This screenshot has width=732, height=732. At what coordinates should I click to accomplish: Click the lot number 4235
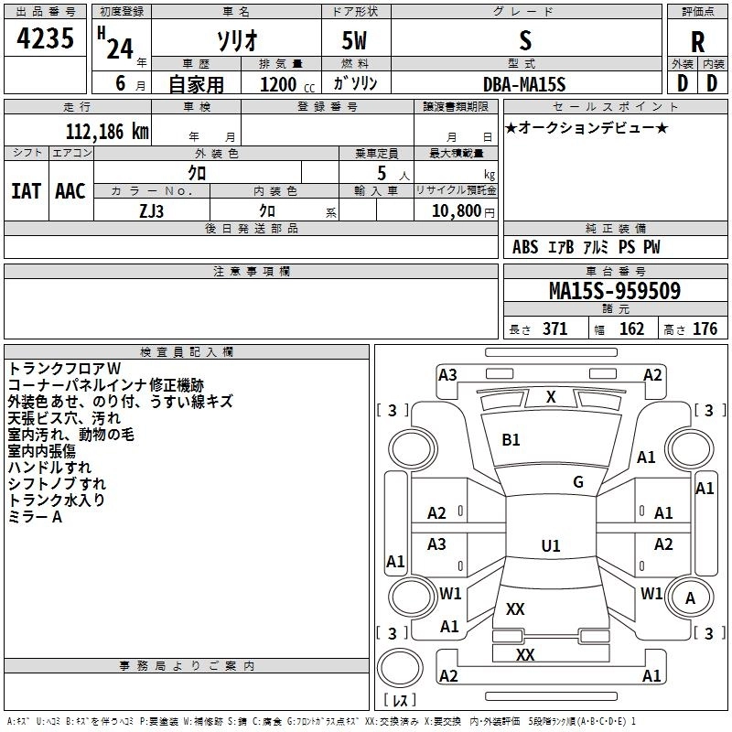(x=45, y=38)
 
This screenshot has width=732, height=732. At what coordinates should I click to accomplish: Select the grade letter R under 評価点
(x=697, y=42)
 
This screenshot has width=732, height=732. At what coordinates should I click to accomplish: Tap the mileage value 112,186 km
(x=107, y=132)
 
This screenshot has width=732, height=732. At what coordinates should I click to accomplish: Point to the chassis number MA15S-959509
(x=615, y=290)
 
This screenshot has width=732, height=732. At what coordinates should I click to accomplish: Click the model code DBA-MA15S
(x=524, y=84)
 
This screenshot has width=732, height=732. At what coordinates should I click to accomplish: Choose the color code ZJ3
(x=152, y=211)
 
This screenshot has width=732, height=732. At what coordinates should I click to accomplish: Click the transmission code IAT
(x=26, y=191)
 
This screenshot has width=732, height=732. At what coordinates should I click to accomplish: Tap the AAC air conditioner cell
(x=70, y=191)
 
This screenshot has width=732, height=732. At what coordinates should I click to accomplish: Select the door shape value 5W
(x=354, y=40)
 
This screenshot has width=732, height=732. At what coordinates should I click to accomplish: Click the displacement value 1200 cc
(x=287, y=84)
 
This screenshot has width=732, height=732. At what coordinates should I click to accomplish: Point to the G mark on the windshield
(x=578, y=482)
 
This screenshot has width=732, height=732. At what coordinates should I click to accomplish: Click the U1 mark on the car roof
(x=551, y=545)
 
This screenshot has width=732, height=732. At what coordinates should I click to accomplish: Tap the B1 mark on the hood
(x=511, y=440)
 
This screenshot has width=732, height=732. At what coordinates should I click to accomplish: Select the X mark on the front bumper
(x=551, y=397)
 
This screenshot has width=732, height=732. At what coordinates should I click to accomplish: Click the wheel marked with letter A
(x=690, y=598)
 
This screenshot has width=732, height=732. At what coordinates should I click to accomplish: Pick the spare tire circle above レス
(x=400, y=668)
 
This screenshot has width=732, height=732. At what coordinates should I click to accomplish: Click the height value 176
(x=705, y=328)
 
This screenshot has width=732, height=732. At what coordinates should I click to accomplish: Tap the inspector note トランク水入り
(x=57, y=500)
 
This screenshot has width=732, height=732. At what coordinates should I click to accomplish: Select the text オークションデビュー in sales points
(x=587, y=127)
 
